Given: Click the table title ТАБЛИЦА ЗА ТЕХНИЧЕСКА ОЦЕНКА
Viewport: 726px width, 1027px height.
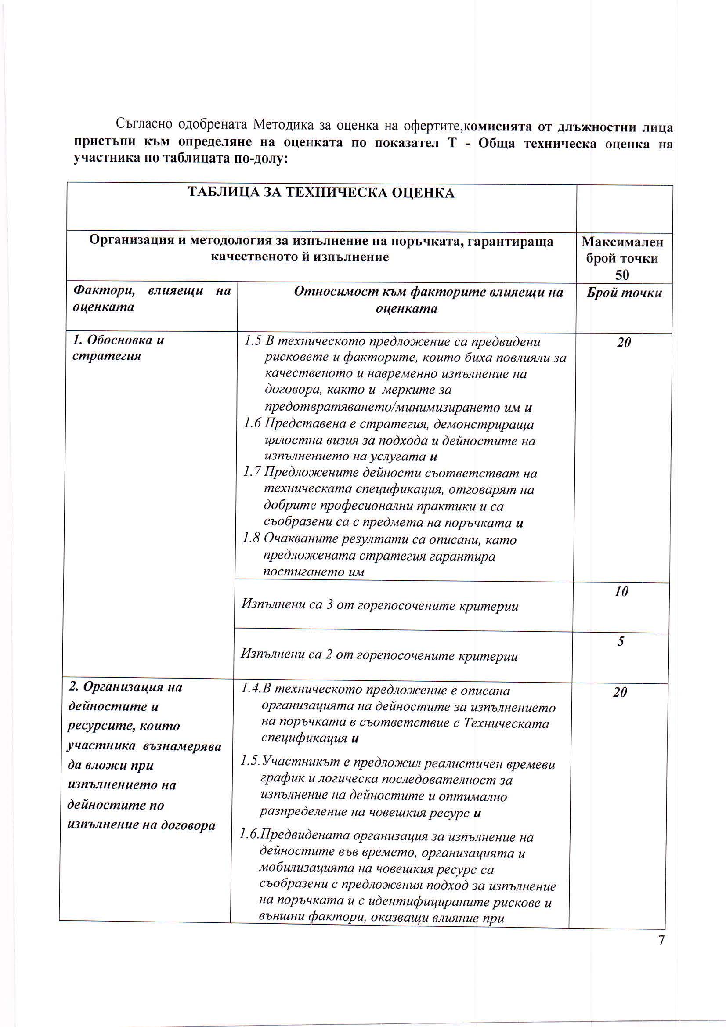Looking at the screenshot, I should [x=321, y=193].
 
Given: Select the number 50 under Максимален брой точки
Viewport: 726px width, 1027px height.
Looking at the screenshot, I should [x=622, y=275].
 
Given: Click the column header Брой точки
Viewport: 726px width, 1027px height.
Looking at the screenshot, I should [x=624, y=293].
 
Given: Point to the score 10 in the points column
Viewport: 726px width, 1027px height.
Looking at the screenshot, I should [x=621, y=591].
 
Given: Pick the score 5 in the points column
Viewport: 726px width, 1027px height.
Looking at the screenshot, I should [x=621, y=641].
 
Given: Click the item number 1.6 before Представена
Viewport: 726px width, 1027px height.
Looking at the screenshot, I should [x=252, y=423].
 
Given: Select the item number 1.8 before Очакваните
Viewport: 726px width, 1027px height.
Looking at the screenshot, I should [x=251, y=539].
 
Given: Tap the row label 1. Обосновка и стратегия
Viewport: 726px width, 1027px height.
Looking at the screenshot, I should [x=118, y=348].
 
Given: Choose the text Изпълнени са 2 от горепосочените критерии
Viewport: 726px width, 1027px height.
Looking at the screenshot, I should [x=379, y=656].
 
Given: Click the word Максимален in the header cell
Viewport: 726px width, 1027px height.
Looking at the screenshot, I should [x=622, y=242].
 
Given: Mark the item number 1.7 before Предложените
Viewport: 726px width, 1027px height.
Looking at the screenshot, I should [x=252, y=472].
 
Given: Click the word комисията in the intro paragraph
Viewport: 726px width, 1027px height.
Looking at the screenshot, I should [x=498, y=127].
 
